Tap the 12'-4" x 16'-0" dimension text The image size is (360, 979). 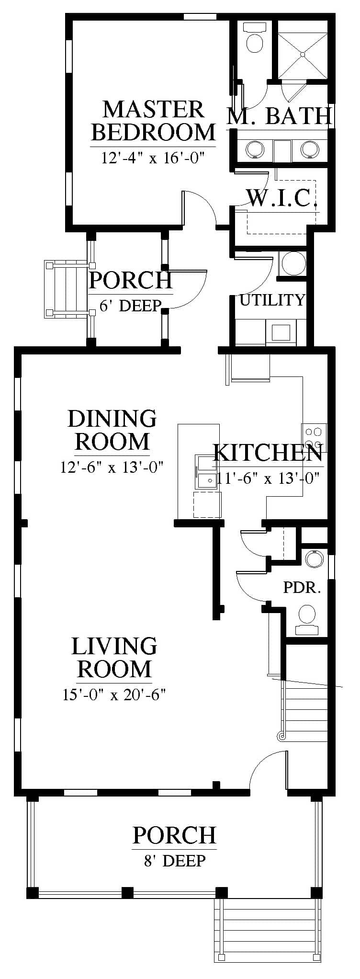[x=153, y=158]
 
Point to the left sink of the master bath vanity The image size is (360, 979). [x=254, y=149]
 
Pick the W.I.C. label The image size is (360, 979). [x=282, y=198]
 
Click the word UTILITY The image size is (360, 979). [x=272, y=300]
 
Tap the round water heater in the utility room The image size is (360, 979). [x=291, y=262]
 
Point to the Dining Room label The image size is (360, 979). [x=112, y=430]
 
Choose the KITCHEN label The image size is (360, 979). [x=268, y=453]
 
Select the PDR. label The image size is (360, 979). [x=302, y=587]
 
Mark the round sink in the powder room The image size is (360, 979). [x=315, y=559]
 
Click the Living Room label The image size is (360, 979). [x=114, y=657]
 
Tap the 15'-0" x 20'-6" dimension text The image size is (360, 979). [x=114, y=694]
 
